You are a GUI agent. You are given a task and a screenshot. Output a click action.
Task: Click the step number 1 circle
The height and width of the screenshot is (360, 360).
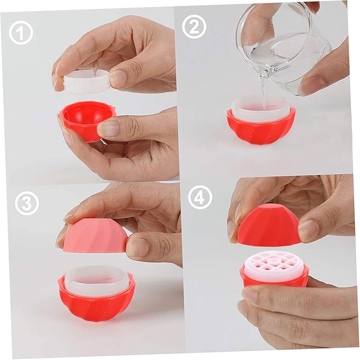coord(21,33)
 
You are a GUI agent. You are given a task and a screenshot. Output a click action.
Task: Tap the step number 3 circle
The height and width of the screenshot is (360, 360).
coord(27,204)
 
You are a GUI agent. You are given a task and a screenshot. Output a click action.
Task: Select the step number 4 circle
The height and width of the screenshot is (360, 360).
coord(200,197)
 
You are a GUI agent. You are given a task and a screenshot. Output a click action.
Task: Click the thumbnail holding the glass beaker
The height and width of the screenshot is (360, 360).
coord(313,84)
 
